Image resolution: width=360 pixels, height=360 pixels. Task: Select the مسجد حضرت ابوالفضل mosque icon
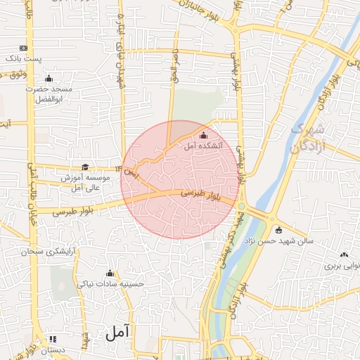pos(49,78)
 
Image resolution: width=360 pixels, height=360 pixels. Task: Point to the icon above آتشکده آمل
pos(204,136)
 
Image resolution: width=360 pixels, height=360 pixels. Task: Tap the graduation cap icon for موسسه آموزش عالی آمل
pos(85,167)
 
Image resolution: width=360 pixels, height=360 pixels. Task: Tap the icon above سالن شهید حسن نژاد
pos(279,229)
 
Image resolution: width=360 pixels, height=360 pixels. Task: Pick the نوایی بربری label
pos(342,266)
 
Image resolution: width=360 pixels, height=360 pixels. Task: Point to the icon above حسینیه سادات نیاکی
pos(109,274)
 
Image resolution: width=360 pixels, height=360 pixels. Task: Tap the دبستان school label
pos(52,349)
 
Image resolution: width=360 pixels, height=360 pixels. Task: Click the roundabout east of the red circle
pos(243,206)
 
